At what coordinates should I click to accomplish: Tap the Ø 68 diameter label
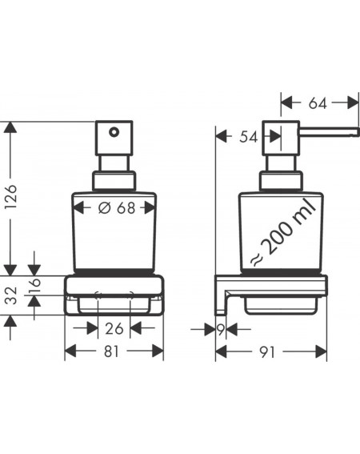click(x=117, y=207)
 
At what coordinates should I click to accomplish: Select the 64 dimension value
click(x=318, y=103)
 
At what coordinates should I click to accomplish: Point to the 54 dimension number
click(x=248, y=137)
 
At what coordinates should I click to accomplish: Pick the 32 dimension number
click(x=12, y=295)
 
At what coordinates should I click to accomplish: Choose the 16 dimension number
click(x=35, y=287)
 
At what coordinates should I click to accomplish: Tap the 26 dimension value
click(x=114, y=328)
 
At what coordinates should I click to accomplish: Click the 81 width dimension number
click(x=111, y=352)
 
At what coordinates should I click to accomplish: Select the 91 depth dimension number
click(x=267, y=352)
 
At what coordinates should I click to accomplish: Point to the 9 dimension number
click(x=221, y=330)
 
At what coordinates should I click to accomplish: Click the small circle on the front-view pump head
click(x=114, y=132)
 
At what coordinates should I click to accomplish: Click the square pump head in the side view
click(x=281, y=138)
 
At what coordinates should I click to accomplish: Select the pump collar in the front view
click(x=114, y=181)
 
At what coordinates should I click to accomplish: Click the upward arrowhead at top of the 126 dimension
click(x=10, y=127)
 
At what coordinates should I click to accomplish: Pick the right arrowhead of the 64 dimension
click(x=353, y=102)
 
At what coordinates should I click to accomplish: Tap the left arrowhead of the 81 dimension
click(x=70, y=351)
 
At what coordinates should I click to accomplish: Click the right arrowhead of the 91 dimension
click(x=321, y=352)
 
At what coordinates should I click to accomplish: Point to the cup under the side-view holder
click(x=281, y=306)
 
